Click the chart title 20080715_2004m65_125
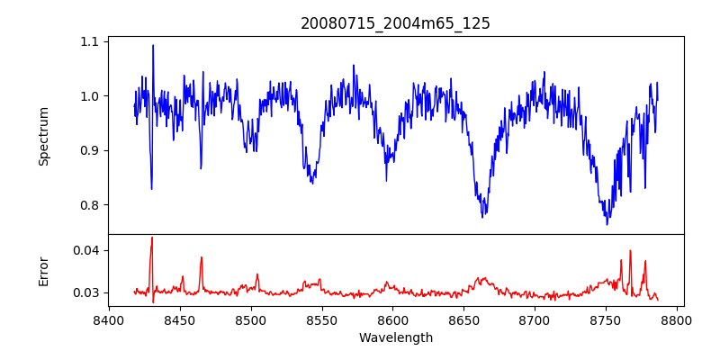[395, 23]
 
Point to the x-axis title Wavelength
[395, 337]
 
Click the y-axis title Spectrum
[43, 136]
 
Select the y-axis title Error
[43, 271]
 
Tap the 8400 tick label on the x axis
[109, 319]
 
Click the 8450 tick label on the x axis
[180, 319]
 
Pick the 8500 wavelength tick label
[251, 319]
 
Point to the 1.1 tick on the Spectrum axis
[91, 42]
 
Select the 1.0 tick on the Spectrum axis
[91, 96]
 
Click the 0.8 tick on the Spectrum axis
[91, 205]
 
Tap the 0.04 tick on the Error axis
[87, 250]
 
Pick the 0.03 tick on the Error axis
[87, 292]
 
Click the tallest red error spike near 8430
[152, 238]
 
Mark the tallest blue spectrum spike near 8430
[153, 45]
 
